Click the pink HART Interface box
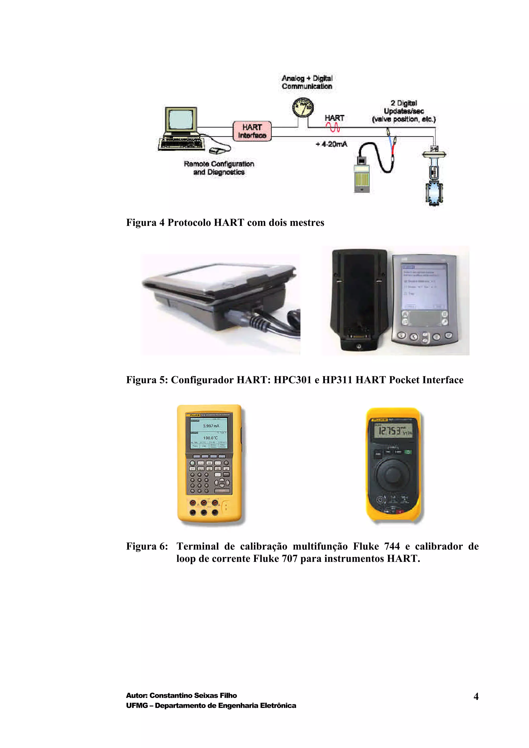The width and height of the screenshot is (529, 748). pos(252,131)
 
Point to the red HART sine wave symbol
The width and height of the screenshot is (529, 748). pos(334,128)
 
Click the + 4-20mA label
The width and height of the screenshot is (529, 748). pos(331,144)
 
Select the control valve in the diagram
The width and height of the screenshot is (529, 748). pos(434,178)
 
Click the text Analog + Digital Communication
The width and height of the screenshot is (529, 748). pos(307,82)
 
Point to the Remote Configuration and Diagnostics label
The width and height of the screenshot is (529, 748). pos(219,168)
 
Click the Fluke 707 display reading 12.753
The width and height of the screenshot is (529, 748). pos(393,431)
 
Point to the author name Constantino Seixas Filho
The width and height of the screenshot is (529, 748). pos(193,695)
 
